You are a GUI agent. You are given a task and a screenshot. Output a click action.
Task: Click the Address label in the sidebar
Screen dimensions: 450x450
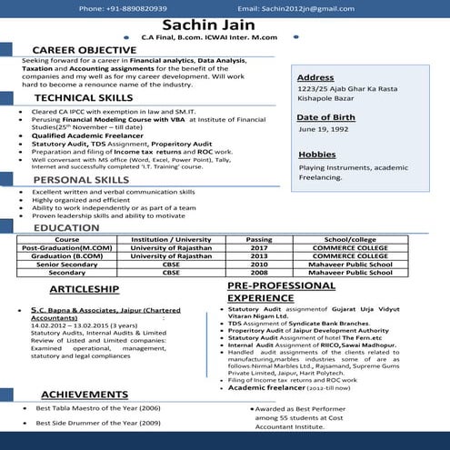click(315, 77)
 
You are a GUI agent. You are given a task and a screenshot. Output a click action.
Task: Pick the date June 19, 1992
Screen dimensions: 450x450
click(325, 131)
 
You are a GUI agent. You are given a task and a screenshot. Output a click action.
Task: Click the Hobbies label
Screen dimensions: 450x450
click(316, 154)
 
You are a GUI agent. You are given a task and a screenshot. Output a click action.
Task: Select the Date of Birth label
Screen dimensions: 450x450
click(325, 118)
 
